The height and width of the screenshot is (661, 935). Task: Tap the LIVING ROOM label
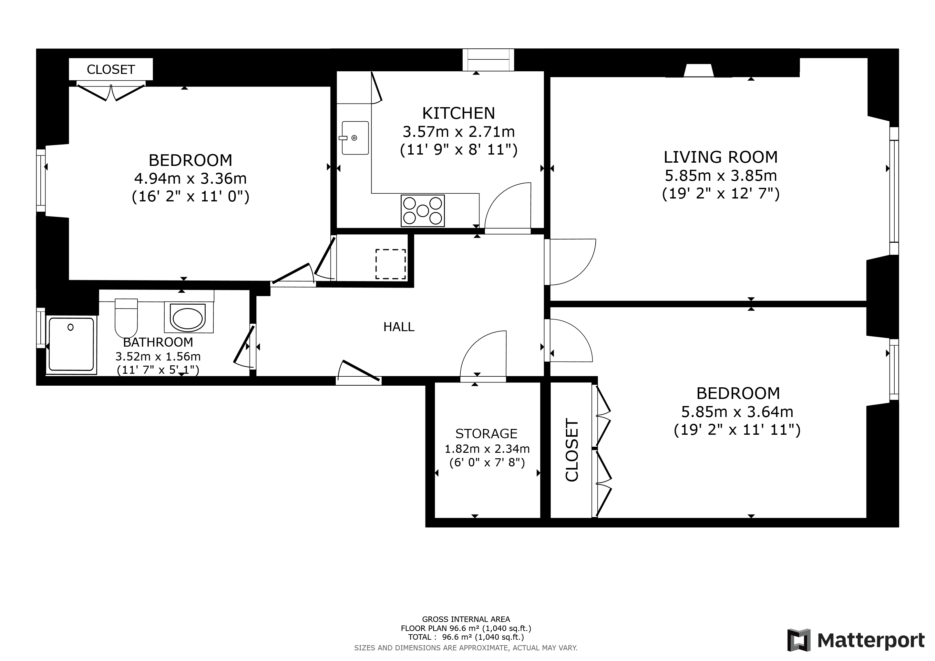[720, 157]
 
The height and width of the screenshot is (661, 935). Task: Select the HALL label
[399, 327]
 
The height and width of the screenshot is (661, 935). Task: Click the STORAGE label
[486, 433]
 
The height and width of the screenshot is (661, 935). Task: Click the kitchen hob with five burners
[423, 211]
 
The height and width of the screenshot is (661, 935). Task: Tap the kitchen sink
[355, 137]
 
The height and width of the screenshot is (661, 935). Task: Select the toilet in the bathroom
[126, 318]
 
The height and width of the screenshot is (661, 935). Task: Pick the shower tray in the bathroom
[72, 345]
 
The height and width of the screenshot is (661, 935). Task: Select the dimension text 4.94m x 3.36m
[190, 178]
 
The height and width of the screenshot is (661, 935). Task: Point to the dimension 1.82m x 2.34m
[487, 449]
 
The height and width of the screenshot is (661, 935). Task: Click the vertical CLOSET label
[572, 450]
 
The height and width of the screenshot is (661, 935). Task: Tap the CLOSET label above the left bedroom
[111, 70]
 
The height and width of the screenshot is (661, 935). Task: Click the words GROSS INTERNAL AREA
[466, 619]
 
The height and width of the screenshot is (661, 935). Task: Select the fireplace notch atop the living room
[698, 70]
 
